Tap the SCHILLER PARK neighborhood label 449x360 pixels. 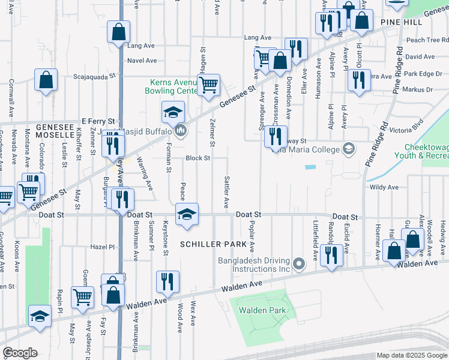coord(213,244)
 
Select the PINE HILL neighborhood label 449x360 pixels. coord(401,22)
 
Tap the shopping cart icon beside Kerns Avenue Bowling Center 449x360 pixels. coord(208,85)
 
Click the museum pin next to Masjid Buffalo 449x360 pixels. coord(181,131)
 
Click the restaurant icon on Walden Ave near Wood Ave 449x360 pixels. coord(168,281)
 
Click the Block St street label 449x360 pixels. coord(197,158)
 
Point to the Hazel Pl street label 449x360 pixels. coord(102,247)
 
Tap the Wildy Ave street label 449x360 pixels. coord(385,187)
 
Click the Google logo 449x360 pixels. coord(20,353)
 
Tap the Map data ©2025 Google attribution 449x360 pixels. coord(411,355)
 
